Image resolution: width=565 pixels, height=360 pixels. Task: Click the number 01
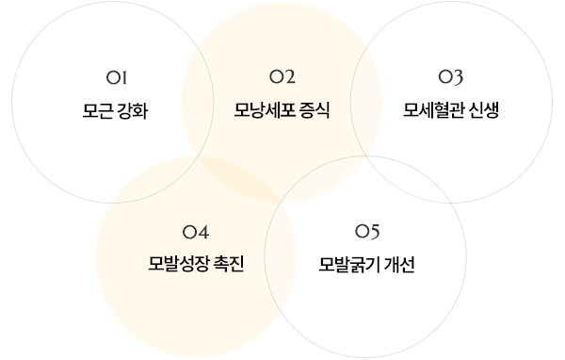tap(117, 77)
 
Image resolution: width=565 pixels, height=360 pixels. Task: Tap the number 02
tap(282, 77)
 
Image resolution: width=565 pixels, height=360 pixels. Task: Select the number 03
tap(450, 77)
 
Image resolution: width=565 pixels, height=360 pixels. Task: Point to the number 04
tap(196, 232)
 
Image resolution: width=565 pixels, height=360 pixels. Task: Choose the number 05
tap(367, 231)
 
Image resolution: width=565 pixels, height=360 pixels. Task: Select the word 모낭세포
tap(264, 110)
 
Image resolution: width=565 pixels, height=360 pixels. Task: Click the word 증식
tap(314, 110)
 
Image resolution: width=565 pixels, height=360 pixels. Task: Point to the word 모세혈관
tap(433, 110)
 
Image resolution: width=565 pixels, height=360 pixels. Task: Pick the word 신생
tap(484, 110)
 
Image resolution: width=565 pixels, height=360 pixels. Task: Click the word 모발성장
tap(179, 263)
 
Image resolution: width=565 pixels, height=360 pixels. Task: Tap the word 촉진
tap(229, 263)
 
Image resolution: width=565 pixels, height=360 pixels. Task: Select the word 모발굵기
tap(349, 265)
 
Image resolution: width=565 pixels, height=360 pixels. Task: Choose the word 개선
tap(399, 265)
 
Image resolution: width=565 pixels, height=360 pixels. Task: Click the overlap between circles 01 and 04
tap(154, 180)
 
